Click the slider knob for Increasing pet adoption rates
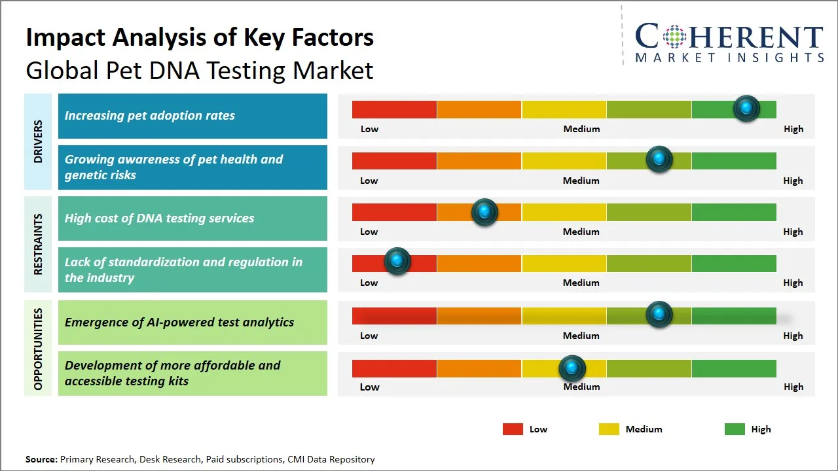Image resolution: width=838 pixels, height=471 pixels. tap(746, 109)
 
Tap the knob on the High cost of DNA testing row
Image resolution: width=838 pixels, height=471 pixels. tap(484, 212)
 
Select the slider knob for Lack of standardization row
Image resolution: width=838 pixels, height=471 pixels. tap(397, 261)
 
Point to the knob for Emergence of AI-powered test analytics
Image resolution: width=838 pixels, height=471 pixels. tap(659, 315)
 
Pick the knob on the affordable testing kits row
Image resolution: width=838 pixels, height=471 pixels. tap(572, 368)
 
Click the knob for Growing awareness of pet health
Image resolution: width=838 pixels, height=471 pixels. tap(659, 160)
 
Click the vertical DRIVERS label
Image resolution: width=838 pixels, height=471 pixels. tap(38, 141)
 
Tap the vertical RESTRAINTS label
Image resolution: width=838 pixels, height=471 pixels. tap(38, 244)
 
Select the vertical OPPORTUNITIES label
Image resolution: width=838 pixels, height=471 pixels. tap(38, 349)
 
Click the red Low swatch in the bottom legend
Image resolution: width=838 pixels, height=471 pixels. tap(513, 429)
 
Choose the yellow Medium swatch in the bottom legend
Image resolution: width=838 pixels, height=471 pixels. tap(609, 429)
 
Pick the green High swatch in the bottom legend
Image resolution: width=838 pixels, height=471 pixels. tap(735, 429)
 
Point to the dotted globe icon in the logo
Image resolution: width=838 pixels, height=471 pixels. tap(674, 37)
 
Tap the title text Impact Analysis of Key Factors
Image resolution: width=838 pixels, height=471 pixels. tap(200, 38)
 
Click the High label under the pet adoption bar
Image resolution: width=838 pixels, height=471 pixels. tap(793, 129)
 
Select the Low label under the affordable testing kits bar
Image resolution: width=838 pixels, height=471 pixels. tap(369, 387)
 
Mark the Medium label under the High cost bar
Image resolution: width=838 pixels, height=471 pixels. tap(581, 232)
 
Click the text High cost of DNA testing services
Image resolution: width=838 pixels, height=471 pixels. tap(159, 218)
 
